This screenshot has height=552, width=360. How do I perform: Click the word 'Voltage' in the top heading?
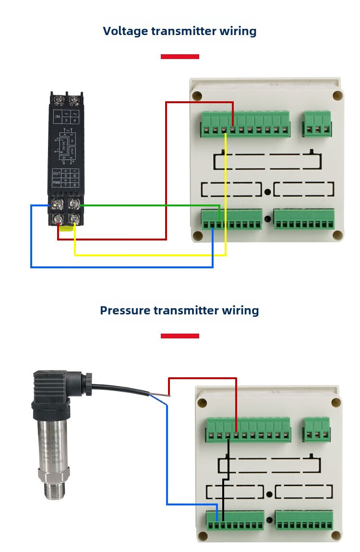[x=125, y=32]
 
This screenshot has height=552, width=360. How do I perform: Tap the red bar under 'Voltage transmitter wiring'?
[x=180, y=57]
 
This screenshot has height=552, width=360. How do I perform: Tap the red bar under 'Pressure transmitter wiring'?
[x=180, y=336]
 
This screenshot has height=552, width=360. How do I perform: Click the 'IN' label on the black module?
[x=58, y=117]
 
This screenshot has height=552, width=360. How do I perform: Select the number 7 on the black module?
[x=66, y=184]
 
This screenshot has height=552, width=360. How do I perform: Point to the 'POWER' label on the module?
[x=57, y=183]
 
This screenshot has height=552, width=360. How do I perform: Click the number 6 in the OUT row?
[x=75, y=176]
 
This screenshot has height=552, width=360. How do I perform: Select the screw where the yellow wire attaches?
[x=74, y=219]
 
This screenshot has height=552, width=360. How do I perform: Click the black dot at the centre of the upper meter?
[x=267, y=192]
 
